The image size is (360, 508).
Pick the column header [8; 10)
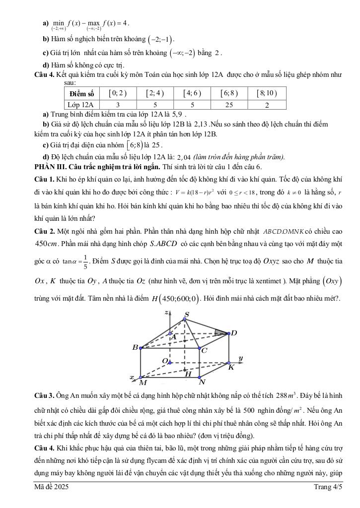pos(267,93)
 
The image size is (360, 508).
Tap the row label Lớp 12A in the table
pos(82,105)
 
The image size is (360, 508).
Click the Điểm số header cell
pos(82,93)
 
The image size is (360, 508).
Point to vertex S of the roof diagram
pos(187,314)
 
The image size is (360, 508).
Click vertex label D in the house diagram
pos(234,333)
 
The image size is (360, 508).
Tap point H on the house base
pos(188,374)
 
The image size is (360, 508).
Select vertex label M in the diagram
pos(143,382)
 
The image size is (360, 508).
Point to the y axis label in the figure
pos(240,358)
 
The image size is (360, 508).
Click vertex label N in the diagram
pos(202,382)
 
